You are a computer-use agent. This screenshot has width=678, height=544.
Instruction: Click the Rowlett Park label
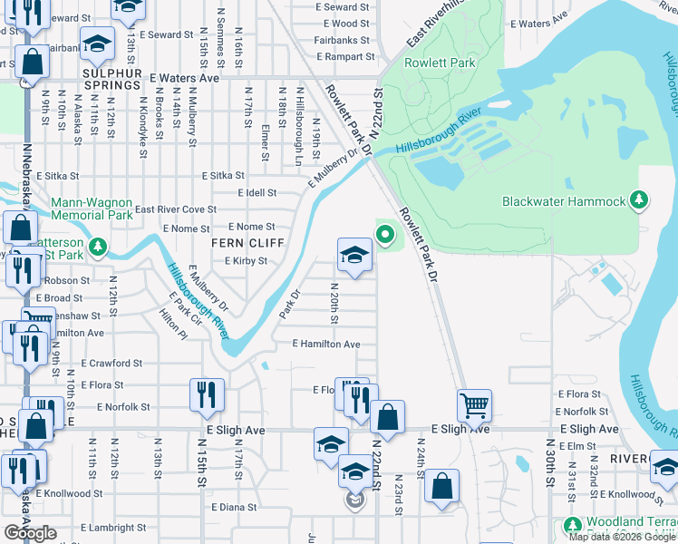coord(451,63)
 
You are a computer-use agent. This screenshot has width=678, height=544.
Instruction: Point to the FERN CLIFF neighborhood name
coord(248,244)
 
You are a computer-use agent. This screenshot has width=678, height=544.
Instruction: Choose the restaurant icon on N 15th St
coord(207,393)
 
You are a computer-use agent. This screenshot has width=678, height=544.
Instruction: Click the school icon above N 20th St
coord(354,254)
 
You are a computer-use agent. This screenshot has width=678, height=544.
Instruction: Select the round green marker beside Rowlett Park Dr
coord(385,236)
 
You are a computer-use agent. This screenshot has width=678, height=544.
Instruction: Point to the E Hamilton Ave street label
coord(326,345)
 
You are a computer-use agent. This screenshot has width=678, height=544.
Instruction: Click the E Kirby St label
coord(246,261)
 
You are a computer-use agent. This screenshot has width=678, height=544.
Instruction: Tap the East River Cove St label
coord(176,209)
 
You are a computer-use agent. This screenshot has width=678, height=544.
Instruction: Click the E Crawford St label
coord(111,363)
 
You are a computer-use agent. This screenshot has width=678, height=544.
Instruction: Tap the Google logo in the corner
coord(30,533)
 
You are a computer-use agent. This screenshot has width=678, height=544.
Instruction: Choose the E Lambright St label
coord(113,528)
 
